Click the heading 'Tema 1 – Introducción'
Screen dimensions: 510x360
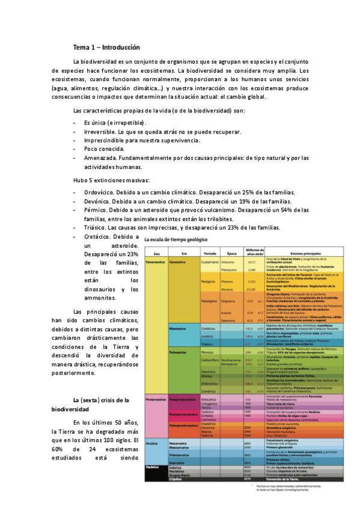coord(106,47)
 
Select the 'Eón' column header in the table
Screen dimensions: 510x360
coord(156,253)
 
